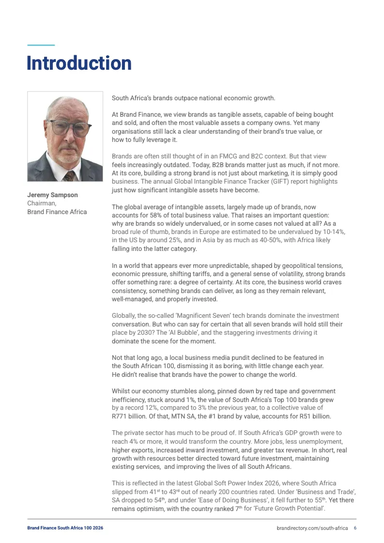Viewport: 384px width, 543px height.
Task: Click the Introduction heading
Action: [79, 63]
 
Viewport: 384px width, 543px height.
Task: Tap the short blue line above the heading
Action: [41, 45]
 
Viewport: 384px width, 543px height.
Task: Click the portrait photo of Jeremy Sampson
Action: [65, 137]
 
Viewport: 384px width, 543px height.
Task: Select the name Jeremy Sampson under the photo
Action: [52, 195]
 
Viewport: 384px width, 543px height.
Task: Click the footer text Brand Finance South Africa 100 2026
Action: [65, 528]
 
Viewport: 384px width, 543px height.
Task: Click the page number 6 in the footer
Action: [355, 528]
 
